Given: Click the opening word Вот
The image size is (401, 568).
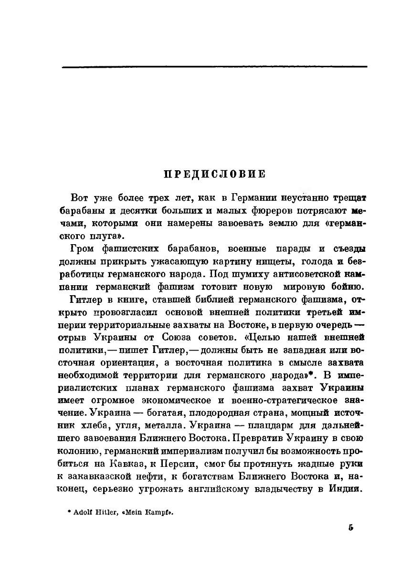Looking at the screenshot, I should coord(79,197).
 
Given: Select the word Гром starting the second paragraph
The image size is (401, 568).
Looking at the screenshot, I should coord(81,249).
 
